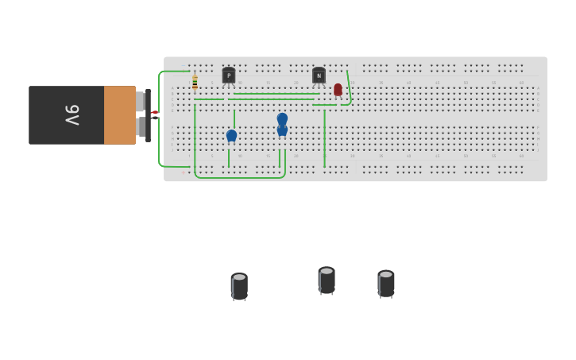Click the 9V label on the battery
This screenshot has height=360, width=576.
72,115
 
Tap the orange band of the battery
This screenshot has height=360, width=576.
119,115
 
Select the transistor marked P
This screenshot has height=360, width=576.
229,75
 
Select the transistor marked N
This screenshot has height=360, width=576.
319,75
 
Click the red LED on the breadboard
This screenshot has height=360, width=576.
338,90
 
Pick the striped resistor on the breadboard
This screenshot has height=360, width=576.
195,82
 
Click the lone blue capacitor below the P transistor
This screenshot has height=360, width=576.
231,136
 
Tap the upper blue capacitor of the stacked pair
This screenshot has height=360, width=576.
282,118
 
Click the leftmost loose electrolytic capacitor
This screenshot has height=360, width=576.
239,286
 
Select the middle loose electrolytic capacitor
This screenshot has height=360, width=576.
327,280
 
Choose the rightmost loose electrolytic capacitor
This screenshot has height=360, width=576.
386,283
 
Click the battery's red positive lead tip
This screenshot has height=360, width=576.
155,112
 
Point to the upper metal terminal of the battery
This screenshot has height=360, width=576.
140,102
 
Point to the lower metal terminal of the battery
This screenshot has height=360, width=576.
141,127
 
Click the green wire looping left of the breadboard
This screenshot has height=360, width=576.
160,119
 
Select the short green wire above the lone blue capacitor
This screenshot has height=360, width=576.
234,118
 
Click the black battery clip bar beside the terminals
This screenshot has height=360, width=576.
148,115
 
